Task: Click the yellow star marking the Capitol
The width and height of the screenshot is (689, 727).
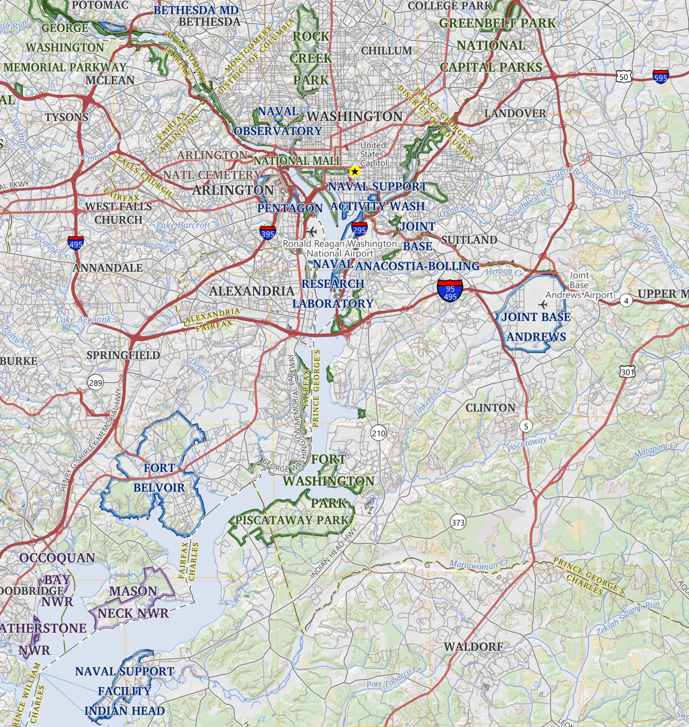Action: pyautogui.click(x=354, y=171)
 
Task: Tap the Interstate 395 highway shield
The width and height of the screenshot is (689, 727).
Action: pyautogui.click(x=268, y=232)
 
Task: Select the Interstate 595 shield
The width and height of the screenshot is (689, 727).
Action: pyautogui.click(x=661, y=76)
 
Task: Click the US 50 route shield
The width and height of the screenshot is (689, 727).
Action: pyautogui.click(x=624, y=77)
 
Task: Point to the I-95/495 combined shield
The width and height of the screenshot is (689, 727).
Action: pyautogui.click(x=450, y=290)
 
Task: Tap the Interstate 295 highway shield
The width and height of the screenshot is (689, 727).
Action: pyautogui.click(x=359, y=229)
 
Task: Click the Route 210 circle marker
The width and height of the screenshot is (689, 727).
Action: pyautogui.click(x=379, y=433)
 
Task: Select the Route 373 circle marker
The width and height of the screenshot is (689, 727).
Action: pyautogui.click(x=458, y=522)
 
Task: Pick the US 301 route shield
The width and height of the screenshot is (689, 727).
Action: pyautogui.click(x=627, y=371)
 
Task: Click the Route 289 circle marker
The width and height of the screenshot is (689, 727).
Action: pyautogui.click(x=95, y=382)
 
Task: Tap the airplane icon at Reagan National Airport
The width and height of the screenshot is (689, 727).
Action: pyautogui.click(x=311, y=231)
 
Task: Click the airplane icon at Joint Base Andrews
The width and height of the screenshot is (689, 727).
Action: pyautogui.click(x=543, y=304)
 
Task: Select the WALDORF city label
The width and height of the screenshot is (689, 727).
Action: pyautogui.click(x=473, y=647)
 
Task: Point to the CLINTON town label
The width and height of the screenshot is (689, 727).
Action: pyautogui.click(x=490, y=408)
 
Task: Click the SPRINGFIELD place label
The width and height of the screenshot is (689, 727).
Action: pyautogui.click(x=123, y=355)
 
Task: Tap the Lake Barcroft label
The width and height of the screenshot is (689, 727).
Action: pyautogui.click(x=183, y=225)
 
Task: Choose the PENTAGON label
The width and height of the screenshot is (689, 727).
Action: pyautogui.click(x=290, y=208)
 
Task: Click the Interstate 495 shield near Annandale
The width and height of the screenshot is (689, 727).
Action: pyautogui.click(x=76, y=243)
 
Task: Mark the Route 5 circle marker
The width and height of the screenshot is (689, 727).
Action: pyautogui.click(x=526, y=426)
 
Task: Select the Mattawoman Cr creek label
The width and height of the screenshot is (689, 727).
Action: pyautogui.click(x=479, y=564)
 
